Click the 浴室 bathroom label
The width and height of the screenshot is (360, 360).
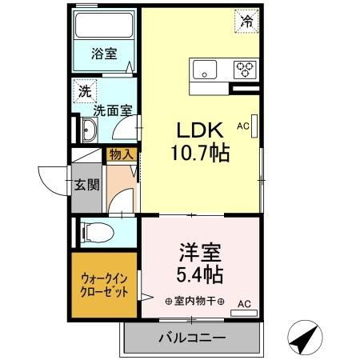[x=102, y=54]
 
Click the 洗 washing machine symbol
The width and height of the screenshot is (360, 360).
[x=84, y=91]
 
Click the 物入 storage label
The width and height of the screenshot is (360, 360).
[x=122, y=155]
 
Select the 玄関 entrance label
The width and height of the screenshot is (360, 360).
[x=87, y=186]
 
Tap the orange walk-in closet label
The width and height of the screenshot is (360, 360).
[x=105, y=285]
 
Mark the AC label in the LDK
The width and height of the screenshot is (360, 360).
[x=243, y=125]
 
